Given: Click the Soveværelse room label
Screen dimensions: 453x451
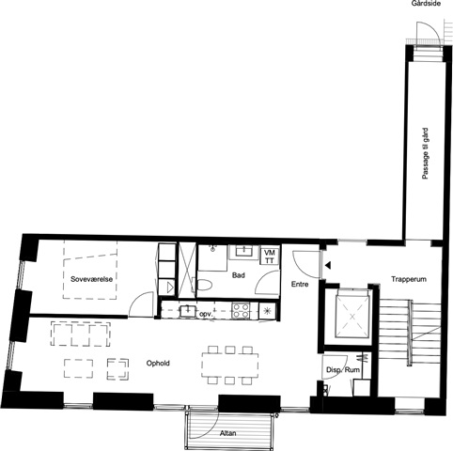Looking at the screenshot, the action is [91, 279].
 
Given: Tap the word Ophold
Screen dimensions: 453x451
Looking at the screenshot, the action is [158, 364].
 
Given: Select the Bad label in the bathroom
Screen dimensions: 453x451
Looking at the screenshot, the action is [239, 275].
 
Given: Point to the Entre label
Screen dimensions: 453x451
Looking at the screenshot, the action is [300, 284].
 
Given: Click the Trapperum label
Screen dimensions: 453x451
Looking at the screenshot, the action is [409, 279].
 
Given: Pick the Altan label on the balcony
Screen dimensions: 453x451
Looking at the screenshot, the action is [227, 433].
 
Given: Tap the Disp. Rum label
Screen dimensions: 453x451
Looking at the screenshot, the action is [343, 370].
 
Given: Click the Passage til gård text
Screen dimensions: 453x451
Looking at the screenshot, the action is [425, 153].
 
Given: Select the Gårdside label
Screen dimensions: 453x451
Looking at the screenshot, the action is [426, 4].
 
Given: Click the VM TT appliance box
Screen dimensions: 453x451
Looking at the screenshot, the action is [269, 257].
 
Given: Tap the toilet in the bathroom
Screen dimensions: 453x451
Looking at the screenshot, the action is [204, 286].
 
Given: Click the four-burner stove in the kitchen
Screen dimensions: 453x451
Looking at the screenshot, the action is [241, 310].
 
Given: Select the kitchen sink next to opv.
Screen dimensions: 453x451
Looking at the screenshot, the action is [188, 311].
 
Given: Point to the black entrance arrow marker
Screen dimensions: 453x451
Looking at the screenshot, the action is [328, 266].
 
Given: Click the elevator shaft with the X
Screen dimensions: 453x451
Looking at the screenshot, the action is [352, 317].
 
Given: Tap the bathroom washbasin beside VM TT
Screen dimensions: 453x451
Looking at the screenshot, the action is [243, 251].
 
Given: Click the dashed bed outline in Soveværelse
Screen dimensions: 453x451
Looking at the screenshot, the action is [90, 270].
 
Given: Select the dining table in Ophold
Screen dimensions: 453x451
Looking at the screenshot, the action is [230, 365].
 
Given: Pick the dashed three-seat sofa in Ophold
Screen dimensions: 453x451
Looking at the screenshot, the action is [81, 334].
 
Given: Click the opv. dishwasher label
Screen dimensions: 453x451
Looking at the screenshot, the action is [206, 314].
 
